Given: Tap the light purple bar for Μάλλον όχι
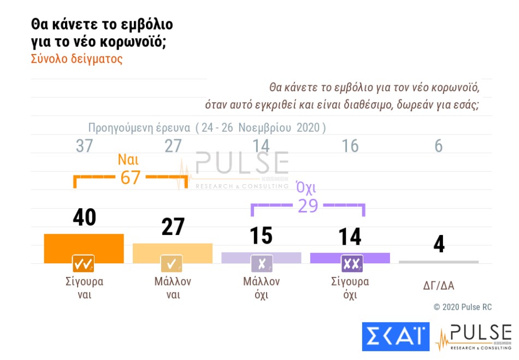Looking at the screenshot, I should pyautogui.click(x=261, y=255).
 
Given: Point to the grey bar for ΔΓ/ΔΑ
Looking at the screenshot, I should pyautogui.click(x=439, y=262).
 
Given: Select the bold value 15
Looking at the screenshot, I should pyautogui.click(x=261, y=236).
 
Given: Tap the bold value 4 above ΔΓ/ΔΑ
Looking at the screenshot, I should pyautogui.click(x=439, y=244).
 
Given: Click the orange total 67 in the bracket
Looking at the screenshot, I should pyautogui.click(x=131, y=178).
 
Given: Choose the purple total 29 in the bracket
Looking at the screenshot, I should pyautogui.click(x=308, y=206).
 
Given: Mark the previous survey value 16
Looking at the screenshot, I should pyautogui.click(x=350, y=146).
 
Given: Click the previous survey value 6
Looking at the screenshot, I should pyautogui.click(x=439, y=146).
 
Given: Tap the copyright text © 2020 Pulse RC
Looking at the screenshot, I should pyautogui.click(x=462, y=308).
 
